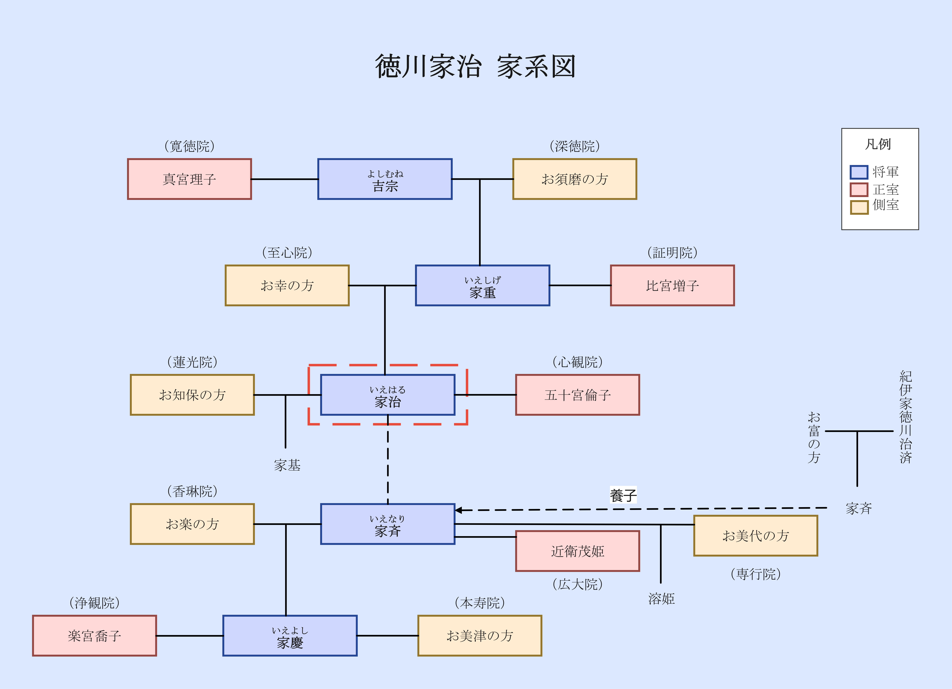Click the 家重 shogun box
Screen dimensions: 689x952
coord(482,285)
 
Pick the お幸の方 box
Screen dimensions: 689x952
coord(287,285)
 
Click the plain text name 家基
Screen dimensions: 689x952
coord(287,465)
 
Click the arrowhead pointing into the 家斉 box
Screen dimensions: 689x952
coord(458,510)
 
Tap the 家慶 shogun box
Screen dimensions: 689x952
coord(290,636)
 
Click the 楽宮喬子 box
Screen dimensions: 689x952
coord(94,636)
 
